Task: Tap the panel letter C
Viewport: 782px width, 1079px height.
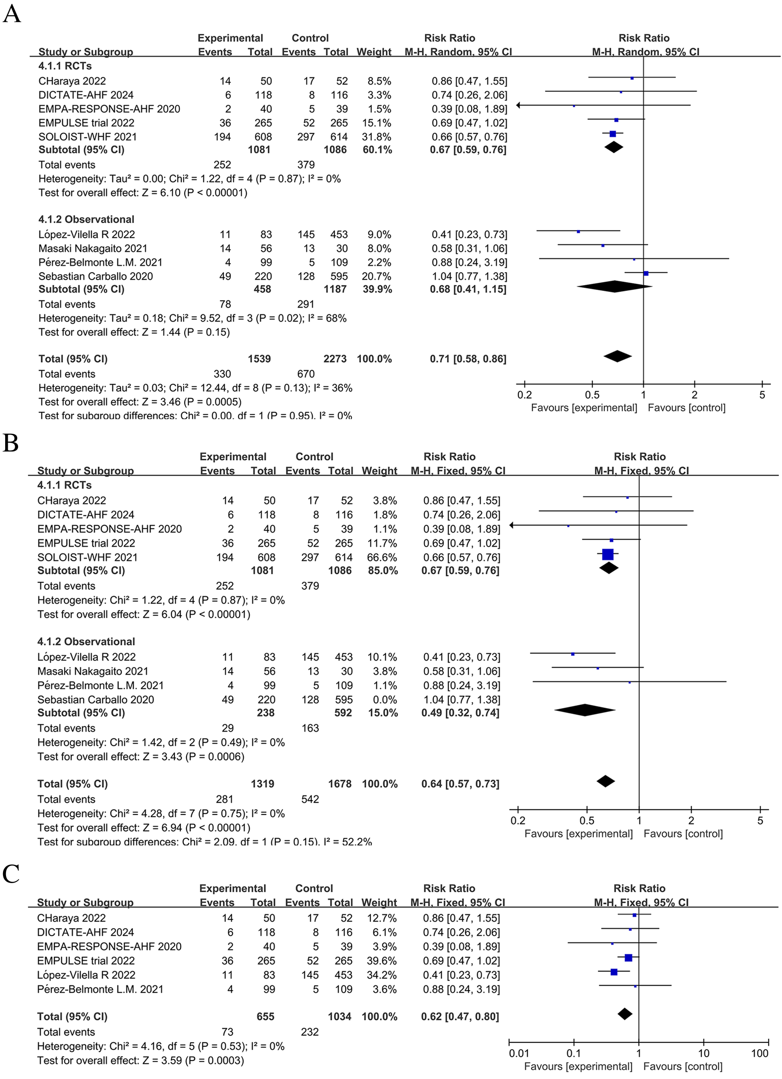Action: click(x=10, y=874)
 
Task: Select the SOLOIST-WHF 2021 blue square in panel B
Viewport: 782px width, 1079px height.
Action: click(x=607, y=554)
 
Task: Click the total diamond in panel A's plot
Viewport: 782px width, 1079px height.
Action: click(x=618, y=357)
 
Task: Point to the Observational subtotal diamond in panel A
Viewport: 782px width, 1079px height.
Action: click(x=615, y=287)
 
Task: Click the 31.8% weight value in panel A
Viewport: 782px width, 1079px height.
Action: click(x=376, y=136)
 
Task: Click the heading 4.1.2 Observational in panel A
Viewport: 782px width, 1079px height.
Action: click(x=86, y=219)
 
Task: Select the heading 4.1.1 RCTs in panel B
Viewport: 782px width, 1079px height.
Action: click(x=64, y=485)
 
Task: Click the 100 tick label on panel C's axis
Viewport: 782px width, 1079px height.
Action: click(x=760, y=1053)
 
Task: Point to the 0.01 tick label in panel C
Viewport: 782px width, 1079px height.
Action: click(x=518, y=1053)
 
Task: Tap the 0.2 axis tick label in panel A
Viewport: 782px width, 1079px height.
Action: click(x=525, y=395)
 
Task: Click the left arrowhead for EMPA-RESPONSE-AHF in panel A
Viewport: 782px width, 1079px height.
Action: click(x=518, y=105)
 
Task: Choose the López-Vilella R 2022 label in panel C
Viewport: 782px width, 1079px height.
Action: click(x=86, y=975)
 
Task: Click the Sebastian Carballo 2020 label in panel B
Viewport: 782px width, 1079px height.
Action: click(x=96, y=700)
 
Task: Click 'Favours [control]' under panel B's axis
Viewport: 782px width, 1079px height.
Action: click(x=683, y=833)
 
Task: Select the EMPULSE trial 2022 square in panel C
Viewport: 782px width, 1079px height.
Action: click(x=628, y=958)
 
